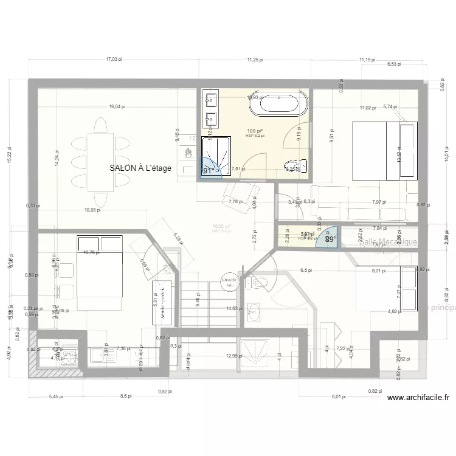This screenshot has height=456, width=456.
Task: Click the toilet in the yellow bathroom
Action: coord(297,166)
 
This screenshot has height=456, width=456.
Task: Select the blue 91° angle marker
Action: coord(209,170)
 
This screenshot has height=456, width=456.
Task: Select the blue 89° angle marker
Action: coord(330,239)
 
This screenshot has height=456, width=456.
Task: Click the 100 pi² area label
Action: coord(255,131)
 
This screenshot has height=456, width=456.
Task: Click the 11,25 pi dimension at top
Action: coord(255,60)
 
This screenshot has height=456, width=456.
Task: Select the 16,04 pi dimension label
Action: coord(117,106)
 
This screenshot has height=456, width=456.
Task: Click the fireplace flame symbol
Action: coord(188,151)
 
